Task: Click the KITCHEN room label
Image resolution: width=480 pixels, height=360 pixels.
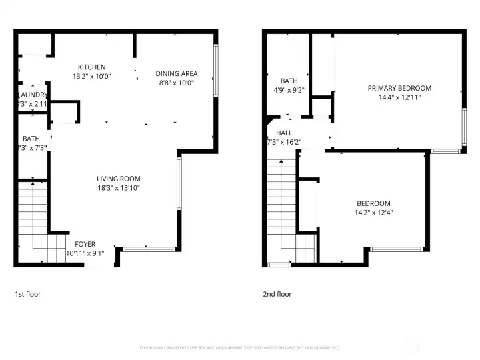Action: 91,67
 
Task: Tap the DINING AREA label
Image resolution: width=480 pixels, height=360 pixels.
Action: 176,73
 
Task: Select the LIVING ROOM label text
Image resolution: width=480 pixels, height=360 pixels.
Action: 119,179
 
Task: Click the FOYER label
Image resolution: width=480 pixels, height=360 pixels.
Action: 85,244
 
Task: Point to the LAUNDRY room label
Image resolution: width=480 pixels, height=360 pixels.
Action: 32,95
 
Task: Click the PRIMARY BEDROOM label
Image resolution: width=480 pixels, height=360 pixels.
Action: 399,88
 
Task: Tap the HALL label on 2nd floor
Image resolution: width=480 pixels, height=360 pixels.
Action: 275,133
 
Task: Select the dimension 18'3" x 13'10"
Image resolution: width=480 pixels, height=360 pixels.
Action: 119,188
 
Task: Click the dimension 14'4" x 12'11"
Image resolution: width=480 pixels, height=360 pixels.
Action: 399,97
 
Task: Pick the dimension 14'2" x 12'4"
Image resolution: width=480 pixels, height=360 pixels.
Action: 373,213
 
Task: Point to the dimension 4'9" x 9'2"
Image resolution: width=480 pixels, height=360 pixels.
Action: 289,90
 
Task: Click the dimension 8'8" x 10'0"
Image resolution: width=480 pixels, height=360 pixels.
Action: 176,83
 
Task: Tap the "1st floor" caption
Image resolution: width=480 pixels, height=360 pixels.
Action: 29,293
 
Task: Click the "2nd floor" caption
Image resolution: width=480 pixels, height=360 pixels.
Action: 277,293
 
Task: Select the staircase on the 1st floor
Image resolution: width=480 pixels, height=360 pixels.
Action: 33,220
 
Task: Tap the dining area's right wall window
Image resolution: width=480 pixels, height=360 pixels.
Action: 215,70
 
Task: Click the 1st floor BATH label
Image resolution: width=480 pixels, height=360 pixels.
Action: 31,139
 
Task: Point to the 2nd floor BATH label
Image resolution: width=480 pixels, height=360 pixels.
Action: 289,81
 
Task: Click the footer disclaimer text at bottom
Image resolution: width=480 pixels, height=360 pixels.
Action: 240,347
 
